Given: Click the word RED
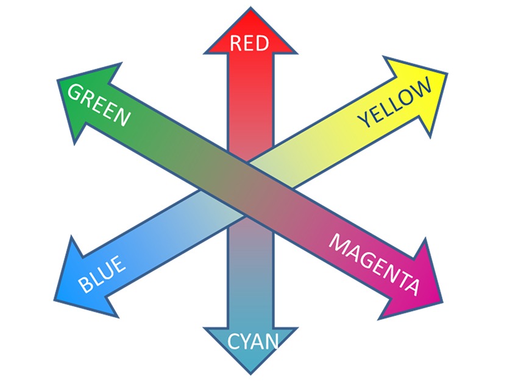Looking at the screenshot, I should [x=249, y=43].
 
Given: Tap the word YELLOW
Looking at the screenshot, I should [x=394, y=102].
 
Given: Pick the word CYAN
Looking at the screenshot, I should [x=252, y=342].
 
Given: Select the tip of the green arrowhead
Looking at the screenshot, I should [x=57, y=80].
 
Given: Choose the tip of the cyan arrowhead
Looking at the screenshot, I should [x=250, y=373].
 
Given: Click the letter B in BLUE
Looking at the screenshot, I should [x=86, y=284].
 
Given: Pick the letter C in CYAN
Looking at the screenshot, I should [x=233, y=342].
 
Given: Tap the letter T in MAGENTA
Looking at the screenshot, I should [x=400, y=279].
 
